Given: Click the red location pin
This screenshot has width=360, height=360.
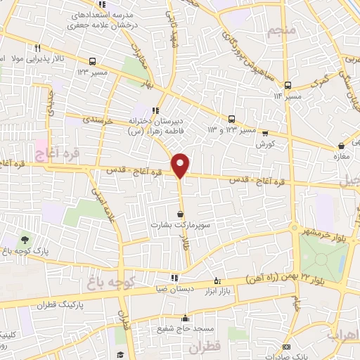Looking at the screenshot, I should coord(181,165).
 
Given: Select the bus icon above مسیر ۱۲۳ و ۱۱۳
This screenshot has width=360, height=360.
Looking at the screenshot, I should coord(231,120).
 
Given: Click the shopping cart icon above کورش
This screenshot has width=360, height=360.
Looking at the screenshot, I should coord(264,133).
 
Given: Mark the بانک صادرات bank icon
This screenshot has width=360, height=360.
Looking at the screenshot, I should coord(285,347).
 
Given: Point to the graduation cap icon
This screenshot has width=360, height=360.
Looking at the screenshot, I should coord(120,354).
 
